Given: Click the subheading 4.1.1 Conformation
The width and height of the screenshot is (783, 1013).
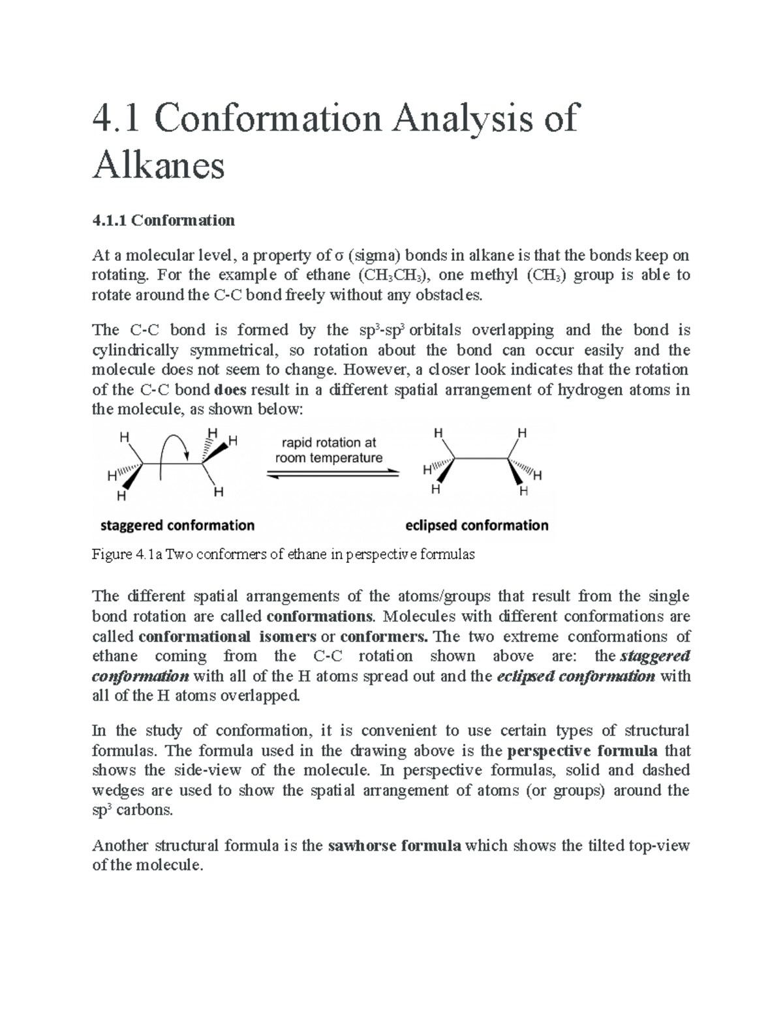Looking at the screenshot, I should (163, 220).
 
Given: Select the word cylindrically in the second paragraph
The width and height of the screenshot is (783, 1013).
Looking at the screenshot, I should (135, 350).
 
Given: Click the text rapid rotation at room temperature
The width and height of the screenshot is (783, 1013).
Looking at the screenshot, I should (329, 450).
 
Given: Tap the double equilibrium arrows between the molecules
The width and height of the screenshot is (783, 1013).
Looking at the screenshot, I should (333, 474).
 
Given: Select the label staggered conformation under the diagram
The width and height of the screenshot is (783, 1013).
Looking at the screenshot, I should (177, 525).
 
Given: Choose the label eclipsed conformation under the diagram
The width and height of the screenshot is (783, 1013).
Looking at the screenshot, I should (477, 525).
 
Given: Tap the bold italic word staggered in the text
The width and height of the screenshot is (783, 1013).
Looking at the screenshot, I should (655, 656).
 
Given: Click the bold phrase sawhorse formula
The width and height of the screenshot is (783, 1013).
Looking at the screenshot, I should (394, 846).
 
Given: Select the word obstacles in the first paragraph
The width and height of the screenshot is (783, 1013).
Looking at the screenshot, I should (452, 295).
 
